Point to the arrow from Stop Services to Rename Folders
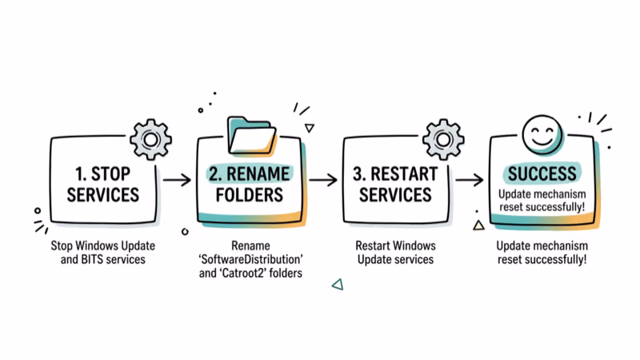pos(176,179)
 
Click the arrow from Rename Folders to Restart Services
pos(323,179)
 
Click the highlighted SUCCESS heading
pos(541,174)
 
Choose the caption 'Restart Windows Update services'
pos(394,252)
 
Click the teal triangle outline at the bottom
pos(338,283)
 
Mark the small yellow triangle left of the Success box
pos(478,226)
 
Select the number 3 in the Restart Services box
pos(360,172)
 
